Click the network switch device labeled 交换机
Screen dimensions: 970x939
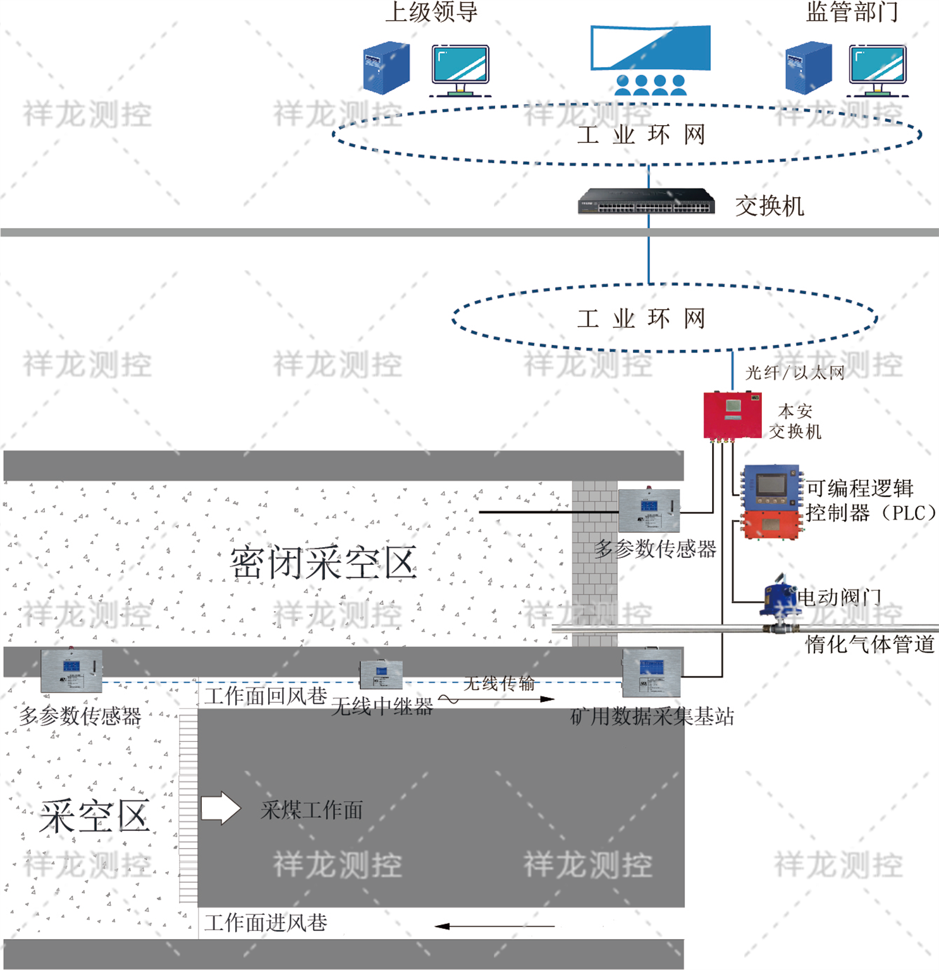646,202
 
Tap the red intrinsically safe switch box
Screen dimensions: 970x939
732,415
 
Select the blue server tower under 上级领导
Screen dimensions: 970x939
386,68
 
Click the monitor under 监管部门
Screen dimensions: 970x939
877,66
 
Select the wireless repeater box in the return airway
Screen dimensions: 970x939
381,674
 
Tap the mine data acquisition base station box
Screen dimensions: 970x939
652,671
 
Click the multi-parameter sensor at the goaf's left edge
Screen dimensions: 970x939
71,670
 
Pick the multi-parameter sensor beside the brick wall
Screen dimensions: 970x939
649,510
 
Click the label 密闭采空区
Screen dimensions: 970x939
323,562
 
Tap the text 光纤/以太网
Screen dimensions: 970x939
795,373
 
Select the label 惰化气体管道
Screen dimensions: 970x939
869,645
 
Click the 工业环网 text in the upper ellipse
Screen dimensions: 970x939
641,135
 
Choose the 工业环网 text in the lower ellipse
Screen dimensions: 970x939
641,318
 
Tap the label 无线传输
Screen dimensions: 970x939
499,683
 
